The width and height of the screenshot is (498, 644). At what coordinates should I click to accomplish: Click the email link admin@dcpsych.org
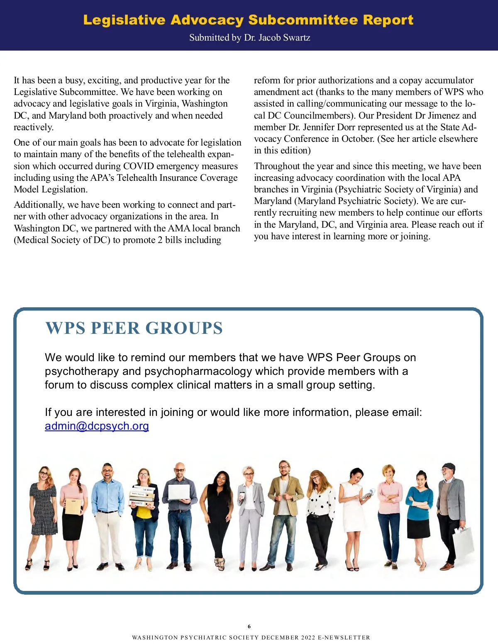97,426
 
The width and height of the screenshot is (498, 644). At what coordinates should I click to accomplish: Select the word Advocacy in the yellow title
207,20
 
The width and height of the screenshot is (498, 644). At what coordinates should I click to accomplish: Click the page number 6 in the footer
249,626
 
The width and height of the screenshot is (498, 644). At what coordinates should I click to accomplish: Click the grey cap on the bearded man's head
449,466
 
